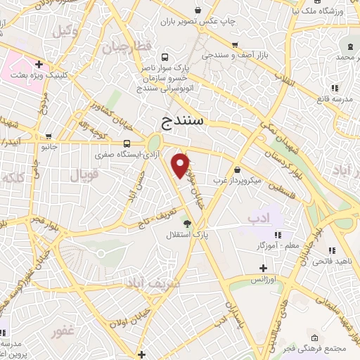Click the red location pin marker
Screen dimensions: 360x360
pyautogui.click(x=181, y=165)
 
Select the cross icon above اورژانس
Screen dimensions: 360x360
pyautogui.click(x=263, y=268)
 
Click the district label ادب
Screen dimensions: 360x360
pyautogui.click(x=259, y=219)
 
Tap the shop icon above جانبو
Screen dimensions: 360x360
pyautogui.click(x=48, y=136)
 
